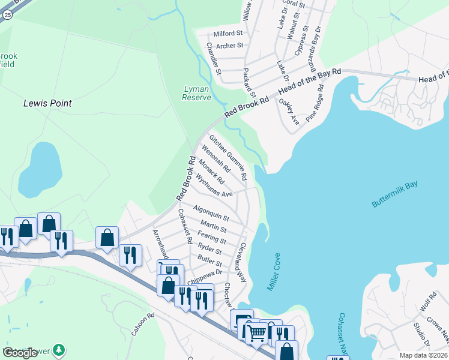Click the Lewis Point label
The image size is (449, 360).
47,103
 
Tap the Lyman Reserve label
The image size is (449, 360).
196,93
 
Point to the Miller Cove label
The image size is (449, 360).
273,271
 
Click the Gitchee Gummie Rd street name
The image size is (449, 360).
228,158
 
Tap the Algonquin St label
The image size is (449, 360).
211,212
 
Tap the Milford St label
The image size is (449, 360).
228,34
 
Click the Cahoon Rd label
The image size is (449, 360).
143,324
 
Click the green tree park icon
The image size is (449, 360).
59,349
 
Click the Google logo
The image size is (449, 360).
20,353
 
